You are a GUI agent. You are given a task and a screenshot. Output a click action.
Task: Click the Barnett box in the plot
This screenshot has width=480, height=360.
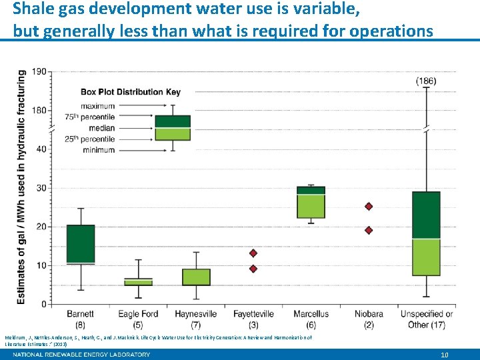[81, 244]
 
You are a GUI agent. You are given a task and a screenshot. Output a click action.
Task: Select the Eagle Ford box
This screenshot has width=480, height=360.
[138, 282]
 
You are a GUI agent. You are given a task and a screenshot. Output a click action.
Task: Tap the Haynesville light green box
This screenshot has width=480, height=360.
[196, 277]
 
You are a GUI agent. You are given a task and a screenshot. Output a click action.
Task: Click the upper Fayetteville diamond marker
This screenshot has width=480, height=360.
[253, 253]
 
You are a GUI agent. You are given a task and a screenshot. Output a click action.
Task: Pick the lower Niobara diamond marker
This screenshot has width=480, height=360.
[369, 230]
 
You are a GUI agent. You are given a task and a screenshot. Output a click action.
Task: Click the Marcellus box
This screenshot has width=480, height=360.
[311, 202]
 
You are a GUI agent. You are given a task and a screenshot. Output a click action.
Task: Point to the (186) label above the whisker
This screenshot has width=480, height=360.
[426, 81]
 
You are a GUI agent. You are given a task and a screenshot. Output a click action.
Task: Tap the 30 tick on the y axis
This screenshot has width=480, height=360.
[42, 188]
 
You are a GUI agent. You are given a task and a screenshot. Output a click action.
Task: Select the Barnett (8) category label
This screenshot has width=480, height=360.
[80, 319]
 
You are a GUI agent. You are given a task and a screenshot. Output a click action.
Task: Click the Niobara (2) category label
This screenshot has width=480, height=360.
[369, 319]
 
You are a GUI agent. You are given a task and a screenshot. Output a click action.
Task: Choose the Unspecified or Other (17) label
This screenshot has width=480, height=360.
[426, 319]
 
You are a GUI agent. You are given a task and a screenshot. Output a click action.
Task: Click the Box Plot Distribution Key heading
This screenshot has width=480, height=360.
[130, 92]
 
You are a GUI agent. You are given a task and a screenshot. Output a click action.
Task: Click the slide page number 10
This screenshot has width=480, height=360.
[444, 355]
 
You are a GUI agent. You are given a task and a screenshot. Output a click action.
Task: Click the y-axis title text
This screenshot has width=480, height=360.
[21, 187]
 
